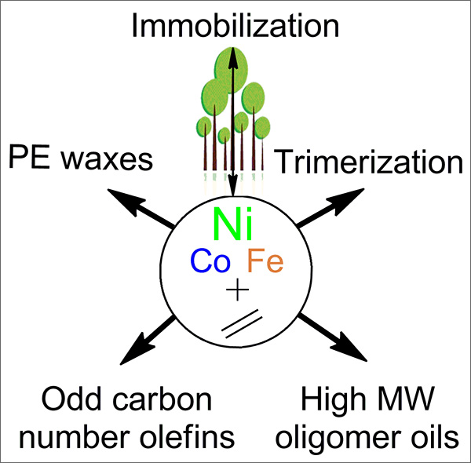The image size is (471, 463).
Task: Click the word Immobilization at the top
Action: pyautogui.click(x=235, y=27)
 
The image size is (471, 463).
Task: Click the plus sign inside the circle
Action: pyautogui.click(x=235, y=294)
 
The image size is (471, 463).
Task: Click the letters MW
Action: pyautogui.click(x=408, y=401)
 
